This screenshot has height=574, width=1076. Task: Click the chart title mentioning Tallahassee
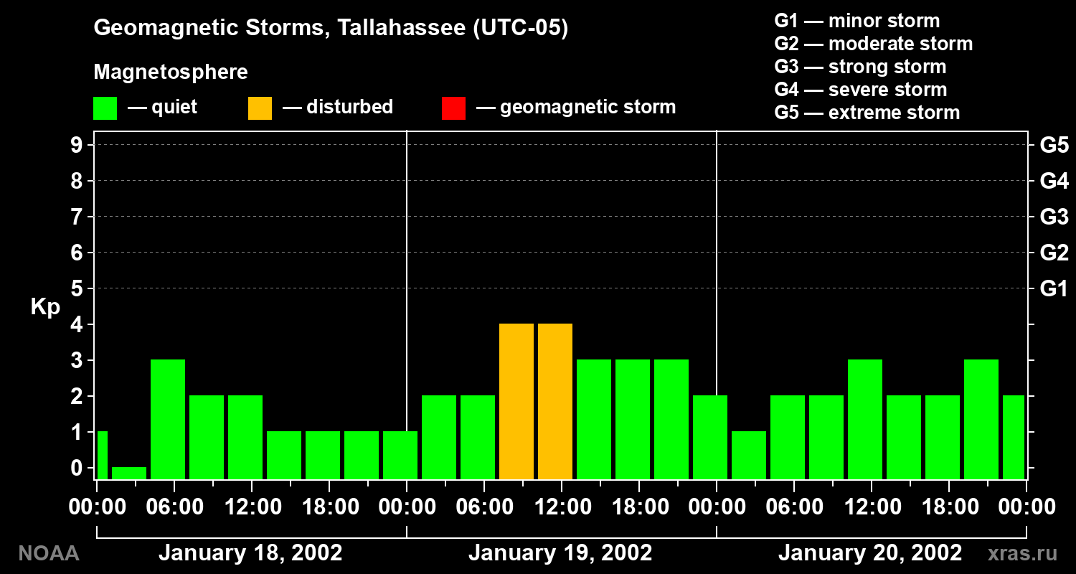click(331, 27)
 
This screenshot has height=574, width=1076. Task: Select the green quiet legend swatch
click(105, 108)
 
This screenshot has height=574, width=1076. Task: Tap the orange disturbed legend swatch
click(260, 108)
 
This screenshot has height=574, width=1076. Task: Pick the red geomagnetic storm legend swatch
click(453, 108)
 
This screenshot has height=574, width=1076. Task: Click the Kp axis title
click(45, 306)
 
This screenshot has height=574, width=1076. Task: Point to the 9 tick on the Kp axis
click(77, 145)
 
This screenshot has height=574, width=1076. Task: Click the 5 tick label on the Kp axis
click(77, 288)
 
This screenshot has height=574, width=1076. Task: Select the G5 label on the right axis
click(1054, 145)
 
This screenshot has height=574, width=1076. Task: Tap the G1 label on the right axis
click(1054, 288)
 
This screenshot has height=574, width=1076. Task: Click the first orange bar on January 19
click(516, 402)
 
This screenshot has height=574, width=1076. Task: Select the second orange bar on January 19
click(555, 402)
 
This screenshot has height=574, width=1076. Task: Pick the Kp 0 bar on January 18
click(129, 473)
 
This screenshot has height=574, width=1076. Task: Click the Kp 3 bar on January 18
click(168, 419)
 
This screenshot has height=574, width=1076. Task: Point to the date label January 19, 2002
click(560, 552)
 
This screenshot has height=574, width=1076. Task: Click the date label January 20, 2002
click(870, 552)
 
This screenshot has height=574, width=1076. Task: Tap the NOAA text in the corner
click(49, 553)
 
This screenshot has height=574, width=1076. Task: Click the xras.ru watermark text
click(1023, 554)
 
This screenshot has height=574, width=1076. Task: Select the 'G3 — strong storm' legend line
click(860, 67)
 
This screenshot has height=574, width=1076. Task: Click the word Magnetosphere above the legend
click(171, 72)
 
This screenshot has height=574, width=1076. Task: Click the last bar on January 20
click(1014, 438)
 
